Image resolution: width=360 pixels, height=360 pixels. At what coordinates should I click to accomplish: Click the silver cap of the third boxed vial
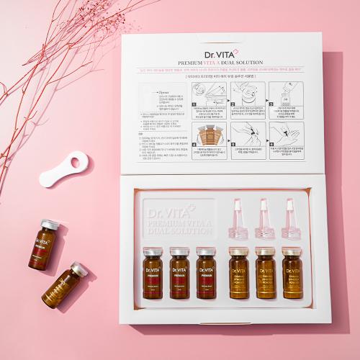pos(205,251)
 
